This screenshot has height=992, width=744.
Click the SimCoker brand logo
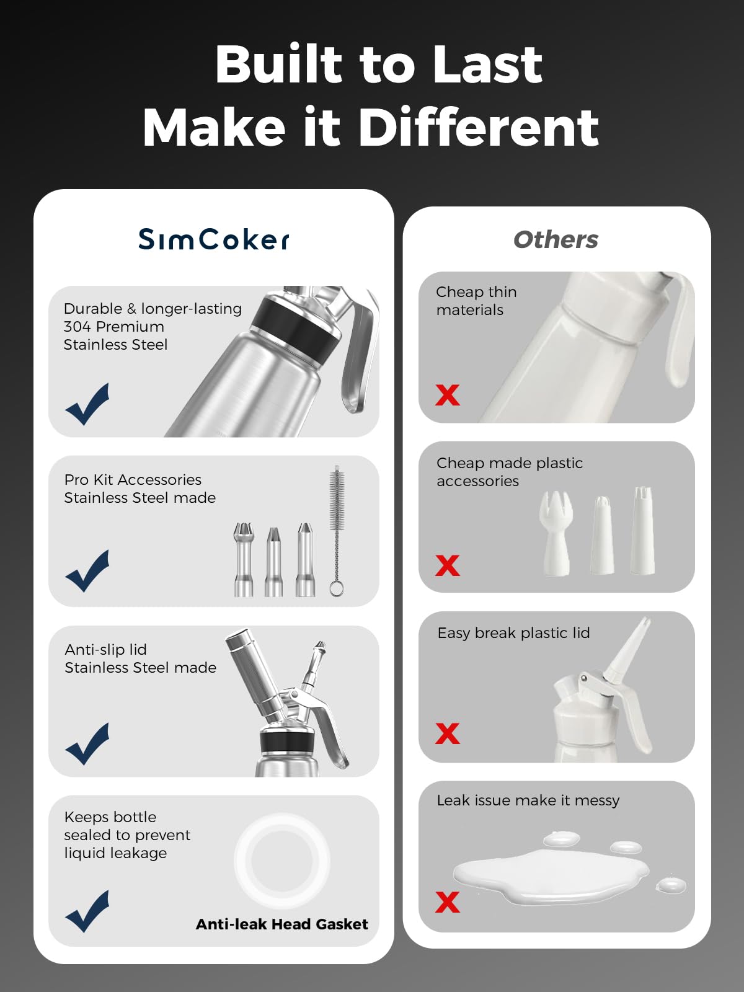pyautogui.click(x=214, y=239)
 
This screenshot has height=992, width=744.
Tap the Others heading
pyautogui.click(x=556, y=239)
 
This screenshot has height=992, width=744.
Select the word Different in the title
pyautogui.click(x=478, y=127)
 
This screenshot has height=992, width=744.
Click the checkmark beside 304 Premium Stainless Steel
pyautogui.click(x=87, y=404)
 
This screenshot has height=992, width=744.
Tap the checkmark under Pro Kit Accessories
pyautogui.click(x=87, y=570)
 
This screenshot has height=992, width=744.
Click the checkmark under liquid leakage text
pyautogui.click(x=87, y=911)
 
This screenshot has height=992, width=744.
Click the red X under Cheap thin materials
pyautogui.click(x=447, y=395)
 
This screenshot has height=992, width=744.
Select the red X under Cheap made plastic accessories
pyautogui.click(x=447, y=565)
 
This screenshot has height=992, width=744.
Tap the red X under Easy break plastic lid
pyautogui.click(x=447, y=733)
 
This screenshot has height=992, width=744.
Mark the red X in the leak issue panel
pyautogui.click(x=447, y=902)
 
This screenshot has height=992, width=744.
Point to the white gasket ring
pyautogui.click(x=282, y=861)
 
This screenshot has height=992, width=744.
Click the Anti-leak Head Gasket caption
pyautogui.click(x=281, y=924)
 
